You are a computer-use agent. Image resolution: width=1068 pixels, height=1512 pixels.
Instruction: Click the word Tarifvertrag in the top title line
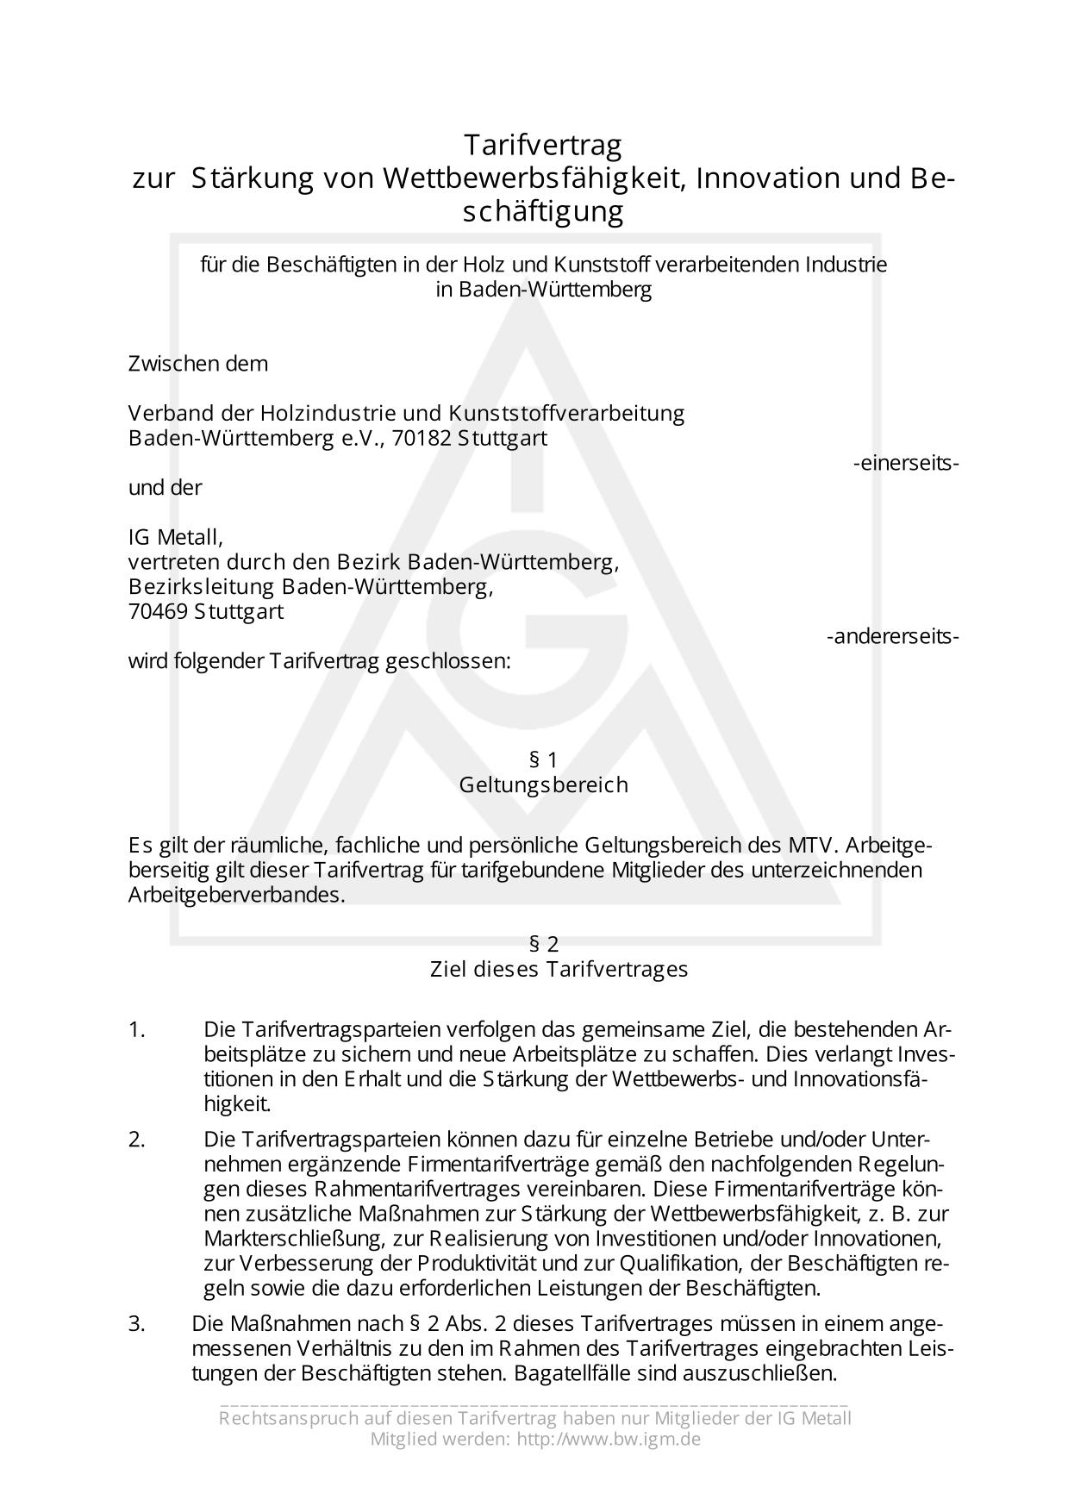(543, 144)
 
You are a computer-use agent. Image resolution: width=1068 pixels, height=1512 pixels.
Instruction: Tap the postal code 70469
(158, 612)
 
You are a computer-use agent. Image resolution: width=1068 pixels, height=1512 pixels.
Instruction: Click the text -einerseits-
(906, 463)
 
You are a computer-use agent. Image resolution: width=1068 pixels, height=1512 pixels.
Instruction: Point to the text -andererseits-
(892, 637)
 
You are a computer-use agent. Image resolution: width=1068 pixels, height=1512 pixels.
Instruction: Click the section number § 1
(543, 759)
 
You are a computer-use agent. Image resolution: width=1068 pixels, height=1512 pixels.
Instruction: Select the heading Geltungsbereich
(543, 785)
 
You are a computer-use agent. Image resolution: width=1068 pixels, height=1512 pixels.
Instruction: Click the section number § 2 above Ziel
(544, 944)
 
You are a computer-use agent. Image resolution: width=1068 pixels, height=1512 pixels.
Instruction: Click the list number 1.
(137, 1029)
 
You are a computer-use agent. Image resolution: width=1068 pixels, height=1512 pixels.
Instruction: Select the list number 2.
(137, 1140)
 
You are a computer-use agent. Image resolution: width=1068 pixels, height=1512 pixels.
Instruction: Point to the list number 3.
(137, 1324)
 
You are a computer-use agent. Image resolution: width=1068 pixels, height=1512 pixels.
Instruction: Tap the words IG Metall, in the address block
(176, 538)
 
